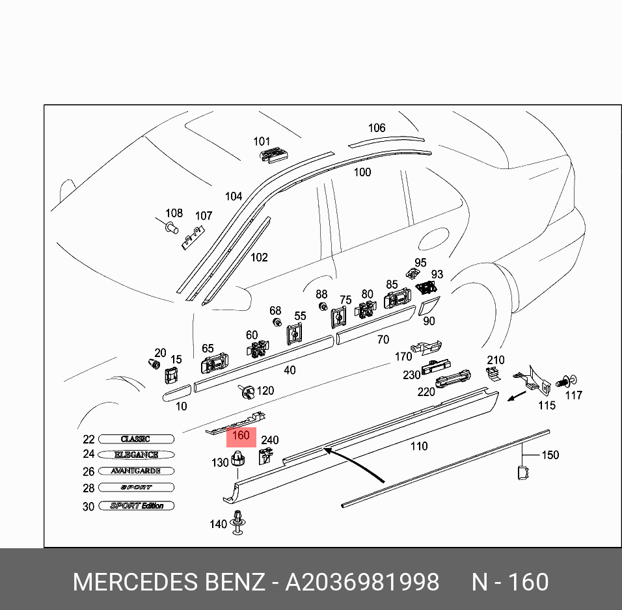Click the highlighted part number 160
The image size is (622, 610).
241,436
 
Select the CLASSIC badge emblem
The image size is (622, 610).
137,439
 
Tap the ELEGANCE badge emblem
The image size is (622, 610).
137,455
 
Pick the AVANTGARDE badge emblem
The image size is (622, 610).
137,471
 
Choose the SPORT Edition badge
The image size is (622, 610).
137,505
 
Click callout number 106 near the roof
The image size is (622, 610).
377,128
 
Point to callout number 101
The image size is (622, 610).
262,141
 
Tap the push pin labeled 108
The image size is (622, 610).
170,227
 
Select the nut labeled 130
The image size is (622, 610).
239,461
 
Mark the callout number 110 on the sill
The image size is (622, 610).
419,446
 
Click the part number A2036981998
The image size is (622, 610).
362,581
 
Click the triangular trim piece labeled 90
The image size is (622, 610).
429,307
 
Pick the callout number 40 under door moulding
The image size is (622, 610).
290,370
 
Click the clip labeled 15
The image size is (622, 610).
172,375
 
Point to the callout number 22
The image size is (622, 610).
89,440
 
